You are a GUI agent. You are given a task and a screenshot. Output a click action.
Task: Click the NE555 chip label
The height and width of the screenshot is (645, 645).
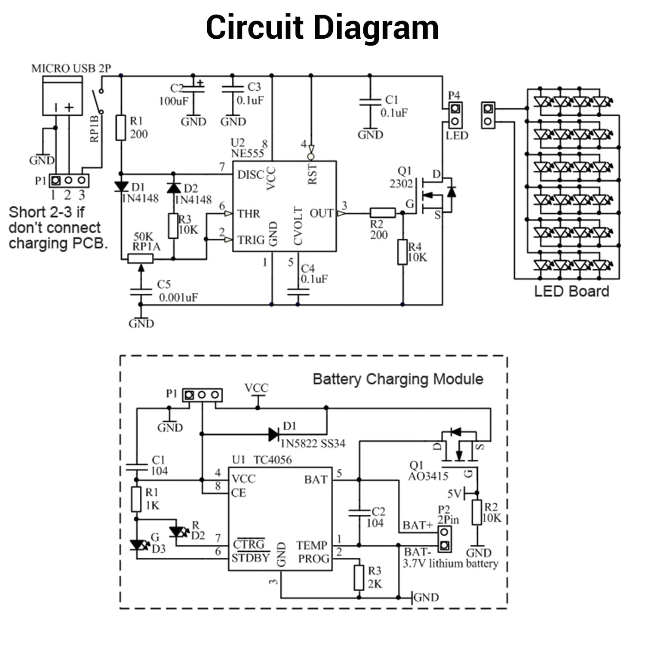[x=247, y=154]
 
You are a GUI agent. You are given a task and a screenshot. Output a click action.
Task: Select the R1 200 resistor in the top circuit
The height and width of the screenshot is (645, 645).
[x=121, y=128]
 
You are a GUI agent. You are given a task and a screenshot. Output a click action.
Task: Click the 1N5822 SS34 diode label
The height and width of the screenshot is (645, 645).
[x=313, y=443]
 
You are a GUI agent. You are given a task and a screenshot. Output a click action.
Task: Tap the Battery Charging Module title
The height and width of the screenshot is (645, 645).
[x=398, y=379]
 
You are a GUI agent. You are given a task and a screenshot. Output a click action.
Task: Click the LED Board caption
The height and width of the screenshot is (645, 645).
[x=571, y=291]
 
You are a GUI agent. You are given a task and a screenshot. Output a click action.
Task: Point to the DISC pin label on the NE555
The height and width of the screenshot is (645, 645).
[x=251, y=175]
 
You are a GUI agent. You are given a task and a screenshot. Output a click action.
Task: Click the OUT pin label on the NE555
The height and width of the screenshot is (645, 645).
[x=321, y=213]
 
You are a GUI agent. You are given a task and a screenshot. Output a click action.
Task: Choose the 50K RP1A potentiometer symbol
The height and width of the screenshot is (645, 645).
[x=141, y=258]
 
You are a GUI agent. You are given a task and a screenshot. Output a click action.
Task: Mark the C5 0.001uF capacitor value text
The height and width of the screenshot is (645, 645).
[x=178, y=297]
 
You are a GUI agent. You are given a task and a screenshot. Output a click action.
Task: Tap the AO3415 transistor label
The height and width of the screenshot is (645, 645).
[x=428, y=476]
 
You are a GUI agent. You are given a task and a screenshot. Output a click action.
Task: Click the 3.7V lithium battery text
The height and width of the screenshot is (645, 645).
[x=450, y=563]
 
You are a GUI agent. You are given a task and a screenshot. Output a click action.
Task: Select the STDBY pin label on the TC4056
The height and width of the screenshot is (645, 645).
[x=250, y=558]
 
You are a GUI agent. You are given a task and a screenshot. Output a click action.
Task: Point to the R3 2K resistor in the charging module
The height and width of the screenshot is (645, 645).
[x=359, y=577]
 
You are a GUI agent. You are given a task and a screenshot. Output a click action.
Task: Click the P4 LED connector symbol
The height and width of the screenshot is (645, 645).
[x=455, y=115]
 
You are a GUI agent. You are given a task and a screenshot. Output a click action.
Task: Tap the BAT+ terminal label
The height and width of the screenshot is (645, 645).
[x=418, y=525]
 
